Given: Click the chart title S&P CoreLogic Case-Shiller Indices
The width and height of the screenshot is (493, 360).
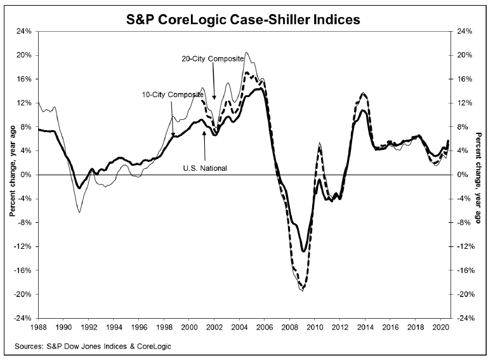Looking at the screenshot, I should [246, 20].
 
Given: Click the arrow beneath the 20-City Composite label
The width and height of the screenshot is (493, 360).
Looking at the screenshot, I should [214, 82].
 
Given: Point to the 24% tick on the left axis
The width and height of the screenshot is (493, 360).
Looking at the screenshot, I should [24, 31].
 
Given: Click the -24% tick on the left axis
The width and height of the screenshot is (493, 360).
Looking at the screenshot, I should [23, 318].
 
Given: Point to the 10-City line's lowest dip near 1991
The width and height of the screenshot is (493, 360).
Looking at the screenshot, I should [79, 212].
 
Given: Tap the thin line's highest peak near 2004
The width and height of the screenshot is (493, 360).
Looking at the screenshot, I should [246, 53].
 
